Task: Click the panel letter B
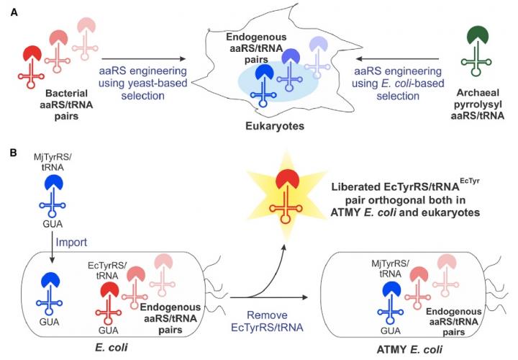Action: [11, 153]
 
